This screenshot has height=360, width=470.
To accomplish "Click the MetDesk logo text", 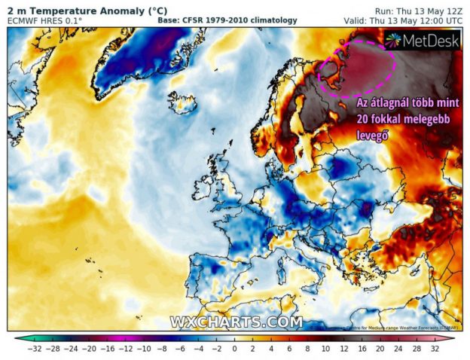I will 430,41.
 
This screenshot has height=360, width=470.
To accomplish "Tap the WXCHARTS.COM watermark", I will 235,322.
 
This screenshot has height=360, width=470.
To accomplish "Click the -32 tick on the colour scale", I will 34,349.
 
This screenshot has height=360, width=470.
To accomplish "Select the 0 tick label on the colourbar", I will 234,349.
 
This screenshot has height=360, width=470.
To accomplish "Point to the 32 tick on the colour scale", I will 435,349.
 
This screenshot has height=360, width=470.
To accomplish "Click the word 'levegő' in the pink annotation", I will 374,136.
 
